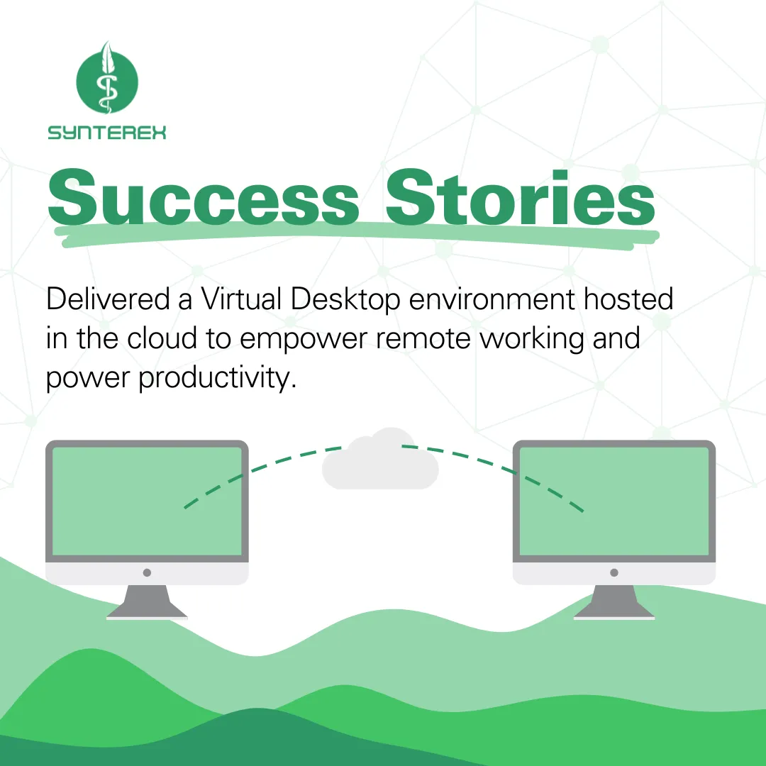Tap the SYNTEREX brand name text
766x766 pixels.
click(107, 133)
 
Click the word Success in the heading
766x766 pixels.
click(204, 197)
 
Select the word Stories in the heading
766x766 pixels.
click(521, 197)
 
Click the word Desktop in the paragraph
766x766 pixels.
click(346, 299)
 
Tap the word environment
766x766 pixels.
click(492, 299)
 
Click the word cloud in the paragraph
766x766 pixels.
click(162, 338)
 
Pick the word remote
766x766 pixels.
click(423, 339)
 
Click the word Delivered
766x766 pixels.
click(108, 299)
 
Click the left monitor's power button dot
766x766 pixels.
click(147, 572)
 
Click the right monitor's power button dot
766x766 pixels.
click(614, 572)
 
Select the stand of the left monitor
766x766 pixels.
click(147, 602)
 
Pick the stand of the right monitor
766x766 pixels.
click(614, 602)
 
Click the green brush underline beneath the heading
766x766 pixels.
click(357, 235)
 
